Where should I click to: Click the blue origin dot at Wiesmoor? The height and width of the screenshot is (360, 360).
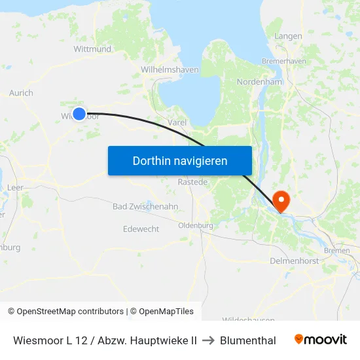coord(79,114)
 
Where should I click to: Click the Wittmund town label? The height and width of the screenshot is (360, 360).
coord(92,49)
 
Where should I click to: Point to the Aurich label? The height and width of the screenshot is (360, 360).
coord(21,93)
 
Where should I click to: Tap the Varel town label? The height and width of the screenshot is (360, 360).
coord(177,122)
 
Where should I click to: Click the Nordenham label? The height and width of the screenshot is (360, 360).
coord(259,82)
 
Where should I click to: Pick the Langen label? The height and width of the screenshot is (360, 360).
coord(288,36)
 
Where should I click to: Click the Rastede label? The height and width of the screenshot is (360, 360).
coord(192,182)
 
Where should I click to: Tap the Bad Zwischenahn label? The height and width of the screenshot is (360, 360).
coord(145,206)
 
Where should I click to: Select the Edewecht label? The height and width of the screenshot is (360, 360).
coord(141,229)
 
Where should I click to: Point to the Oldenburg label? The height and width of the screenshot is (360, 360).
coord(196,226)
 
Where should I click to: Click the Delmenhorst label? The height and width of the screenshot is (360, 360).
coord(294,261)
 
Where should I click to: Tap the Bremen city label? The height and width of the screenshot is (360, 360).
coord(336,251)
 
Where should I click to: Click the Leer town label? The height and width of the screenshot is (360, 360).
coord(14,187)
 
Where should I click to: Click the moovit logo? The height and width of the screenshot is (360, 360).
coord(320,340)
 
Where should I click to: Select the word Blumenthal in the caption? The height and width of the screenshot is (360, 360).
coord(248,340)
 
